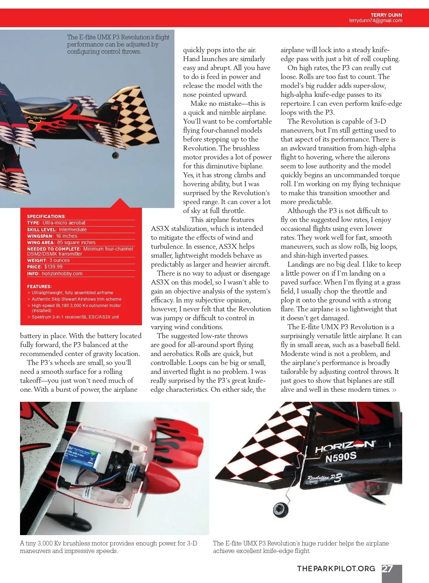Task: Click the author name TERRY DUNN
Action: [386, 15]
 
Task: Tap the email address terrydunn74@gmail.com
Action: [375, 21]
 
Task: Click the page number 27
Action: [388, 569]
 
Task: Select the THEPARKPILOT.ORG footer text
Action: [336, 569]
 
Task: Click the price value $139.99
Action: [53, 267]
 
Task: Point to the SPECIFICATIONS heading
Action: [46, 217]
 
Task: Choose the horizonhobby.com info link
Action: [62, 273]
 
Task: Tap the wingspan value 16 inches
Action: [66, 236]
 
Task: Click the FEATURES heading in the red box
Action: [39, 286]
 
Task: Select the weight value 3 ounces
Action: [59, 260]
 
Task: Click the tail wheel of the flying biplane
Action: [115, 155]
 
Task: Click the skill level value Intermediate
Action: [73, 229]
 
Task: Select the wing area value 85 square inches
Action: [76, 242]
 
